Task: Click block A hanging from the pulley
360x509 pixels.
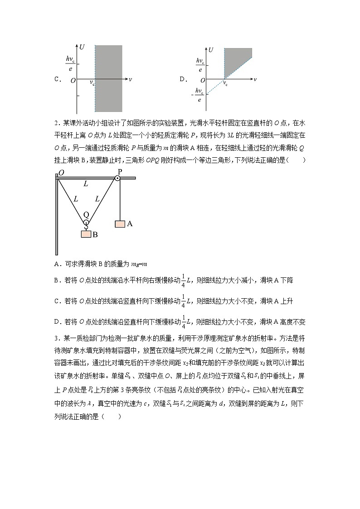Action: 120,223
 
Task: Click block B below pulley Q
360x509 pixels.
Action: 85,234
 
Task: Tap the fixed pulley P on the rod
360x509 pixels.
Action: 117,178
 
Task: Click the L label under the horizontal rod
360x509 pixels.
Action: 86,184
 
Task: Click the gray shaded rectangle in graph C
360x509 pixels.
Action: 108,78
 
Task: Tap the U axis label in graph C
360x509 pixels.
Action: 82,47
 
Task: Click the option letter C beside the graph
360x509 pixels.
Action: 57,79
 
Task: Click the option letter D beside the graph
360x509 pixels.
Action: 183,79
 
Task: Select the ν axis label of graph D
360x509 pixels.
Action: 255,79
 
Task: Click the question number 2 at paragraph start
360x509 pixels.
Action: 55,122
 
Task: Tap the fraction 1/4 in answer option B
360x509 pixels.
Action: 184,280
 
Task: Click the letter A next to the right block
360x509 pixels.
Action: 130,223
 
